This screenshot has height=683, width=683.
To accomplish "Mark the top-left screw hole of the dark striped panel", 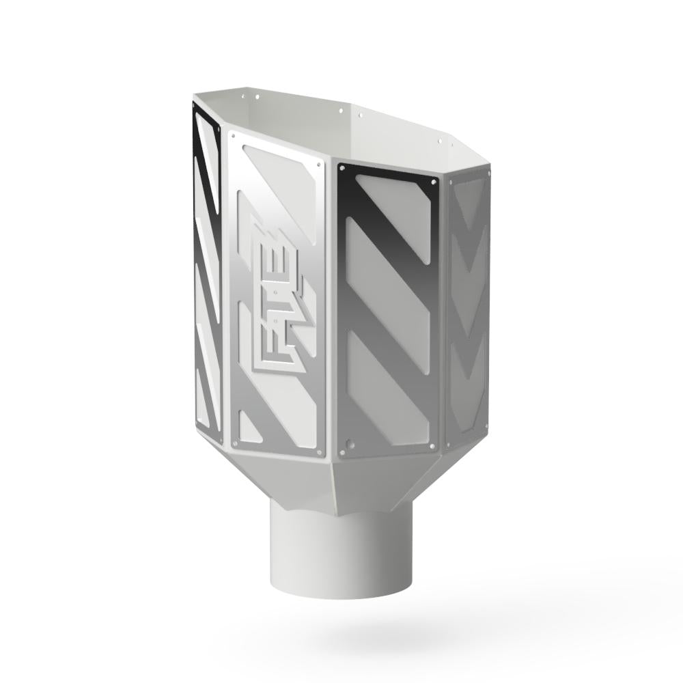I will pyautogui.click(x=341, y=167).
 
